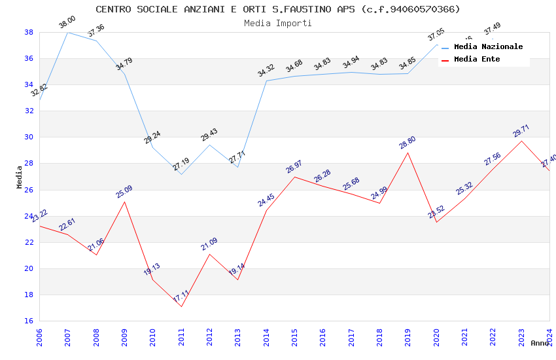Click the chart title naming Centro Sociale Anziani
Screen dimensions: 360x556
[278, 9]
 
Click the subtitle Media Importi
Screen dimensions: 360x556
[278, 23]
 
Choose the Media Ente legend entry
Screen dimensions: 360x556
[477, 59]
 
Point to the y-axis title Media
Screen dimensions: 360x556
[20, 177]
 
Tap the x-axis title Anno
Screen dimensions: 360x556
[540, 343]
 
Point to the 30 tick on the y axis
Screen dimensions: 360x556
[29, 137]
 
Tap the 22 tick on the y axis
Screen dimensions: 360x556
[29, 242]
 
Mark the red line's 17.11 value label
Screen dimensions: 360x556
[181, 296]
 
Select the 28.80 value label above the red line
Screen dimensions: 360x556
[408, 143]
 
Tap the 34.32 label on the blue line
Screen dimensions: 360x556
[266, 71]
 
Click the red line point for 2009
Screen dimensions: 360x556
[125, 202]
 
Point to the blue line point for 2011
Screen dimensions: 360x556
[181, 174]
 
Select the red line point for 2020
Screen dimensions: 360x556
[436, 222]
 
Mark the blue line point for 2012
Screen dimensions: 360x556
[209, 145]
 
